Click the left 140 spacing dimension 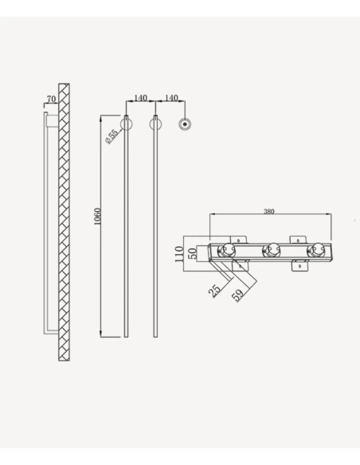140,98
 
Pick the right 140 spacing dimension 170,98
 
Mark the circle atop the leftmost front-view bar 126,123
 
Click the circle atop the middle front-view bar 155,123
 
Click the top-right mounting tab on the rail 298,238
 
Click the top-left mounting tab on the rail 237,238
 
